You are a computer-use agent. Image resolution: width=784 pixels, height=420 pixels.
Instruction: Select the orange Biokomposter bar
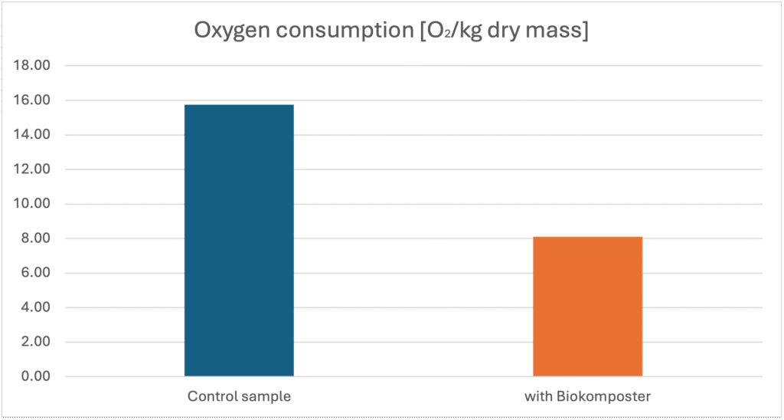pos(587,307)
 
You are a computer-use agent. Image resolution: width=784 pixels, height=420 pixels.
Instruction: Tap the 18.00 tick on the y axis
pos(32,66)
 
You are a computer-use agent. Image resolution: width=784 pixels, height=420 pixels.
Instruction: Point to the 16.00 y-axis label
pos(32,100)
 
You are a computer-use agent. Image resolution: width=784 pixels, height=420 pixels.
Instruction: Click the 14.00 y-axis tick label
pos(32,135)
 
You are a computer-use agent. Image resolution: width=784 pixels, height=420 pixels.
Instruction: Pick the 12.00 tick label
pos(32,169)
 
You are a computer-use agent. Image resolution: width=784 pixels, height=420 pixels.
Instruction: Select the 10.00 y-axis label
pos(32,204)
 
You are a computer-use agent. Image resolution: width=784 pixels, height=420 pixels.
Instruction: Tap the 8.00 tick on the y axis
pos(35,238)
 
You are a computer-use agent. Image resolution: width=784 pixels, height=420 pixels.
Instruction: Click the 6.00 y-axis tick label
pos(35,273)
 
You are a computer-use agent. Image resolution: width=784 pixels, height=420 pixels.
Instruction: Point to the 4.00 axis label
pos(35,307)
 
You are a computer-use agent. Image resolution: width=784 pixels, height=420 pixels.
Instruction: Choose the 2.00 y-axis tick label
pos(35,342)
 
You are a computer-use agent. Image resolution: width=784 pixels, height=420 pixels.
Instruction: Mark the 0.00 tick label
pos(35,376)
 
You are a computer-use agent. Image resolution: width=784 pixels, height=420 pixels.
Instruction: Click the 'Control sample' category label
pos(239,397)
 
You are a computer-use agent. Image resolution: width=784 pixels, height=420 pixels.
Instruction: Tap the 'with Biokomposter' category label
pos(587,397)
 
